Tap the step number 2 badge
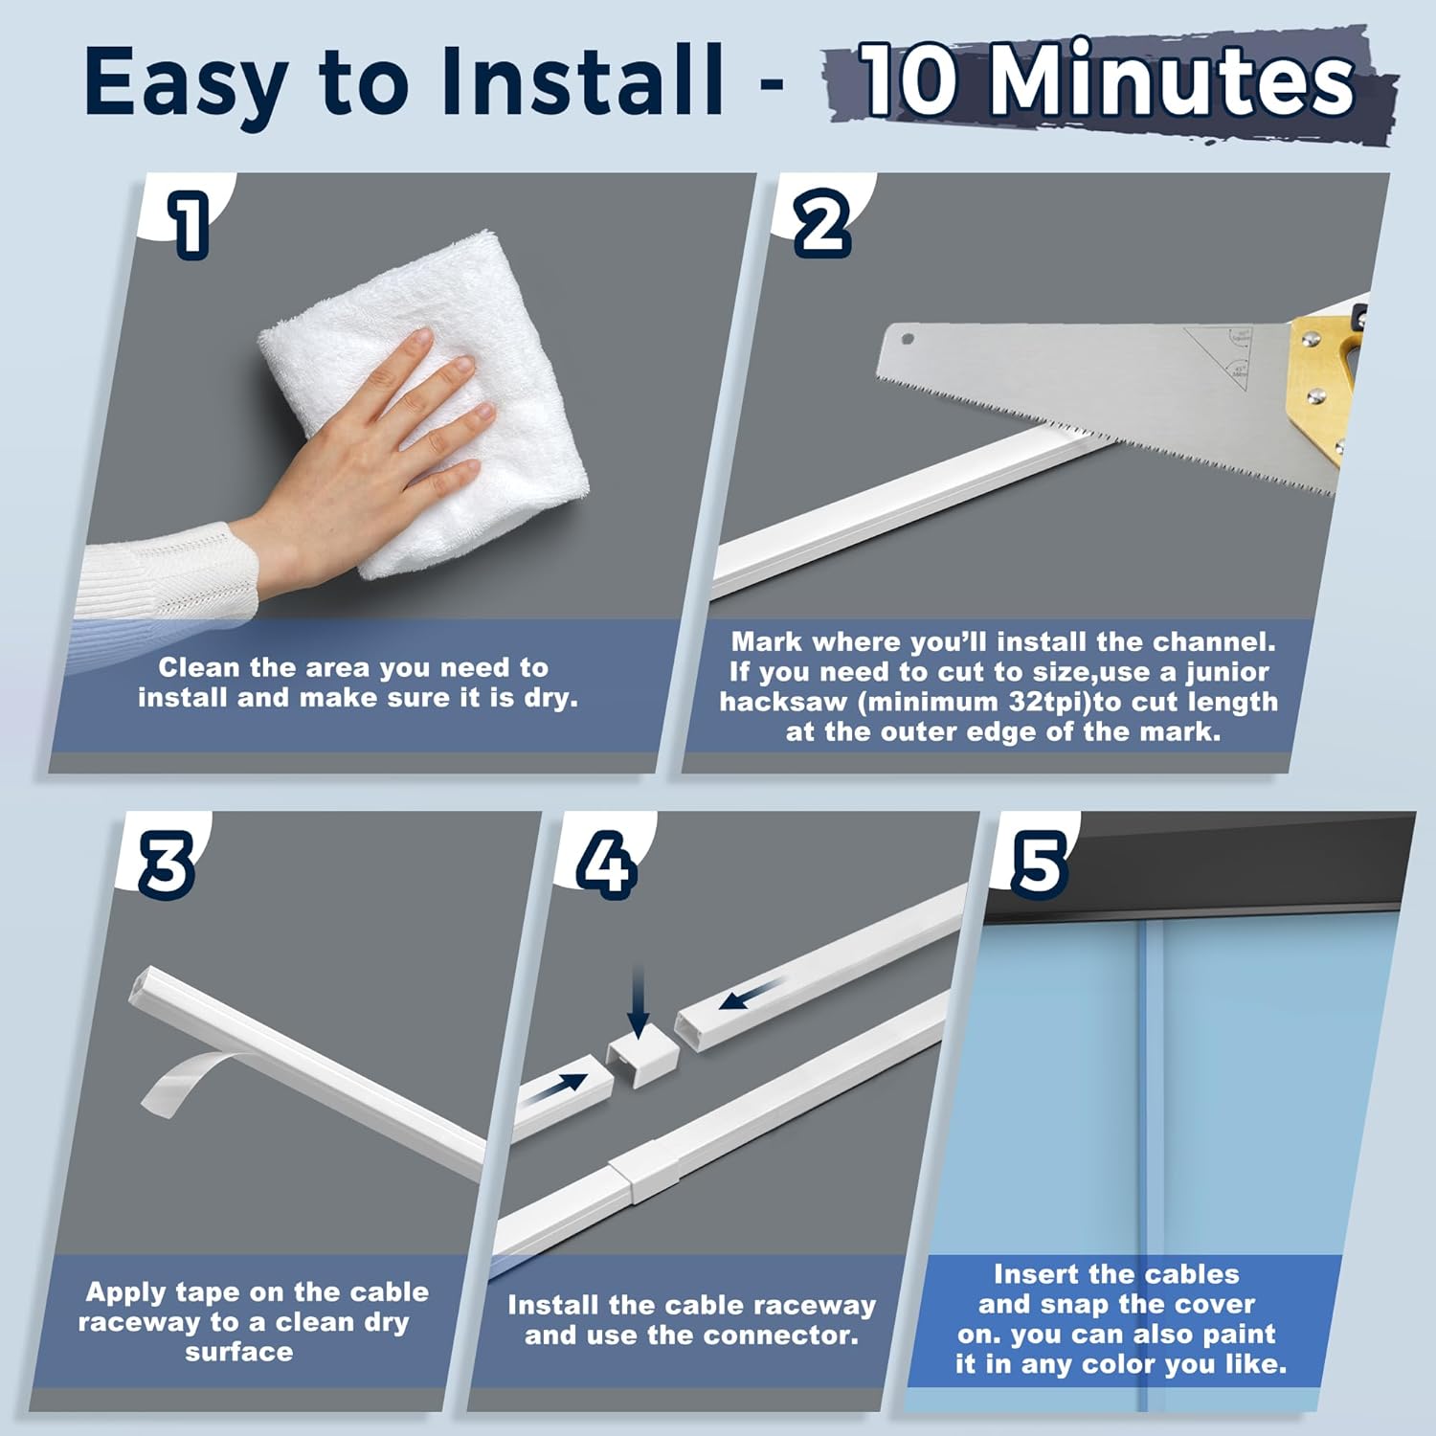point(822,223)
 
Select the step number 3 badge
point(167,864)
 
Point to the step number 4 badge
point(606,864)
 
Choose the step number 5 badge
point(1038,864)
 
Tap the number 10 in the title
point(909,81)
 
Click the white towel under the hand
point(431,402)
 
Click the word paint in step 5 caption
point(1234,1334)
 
